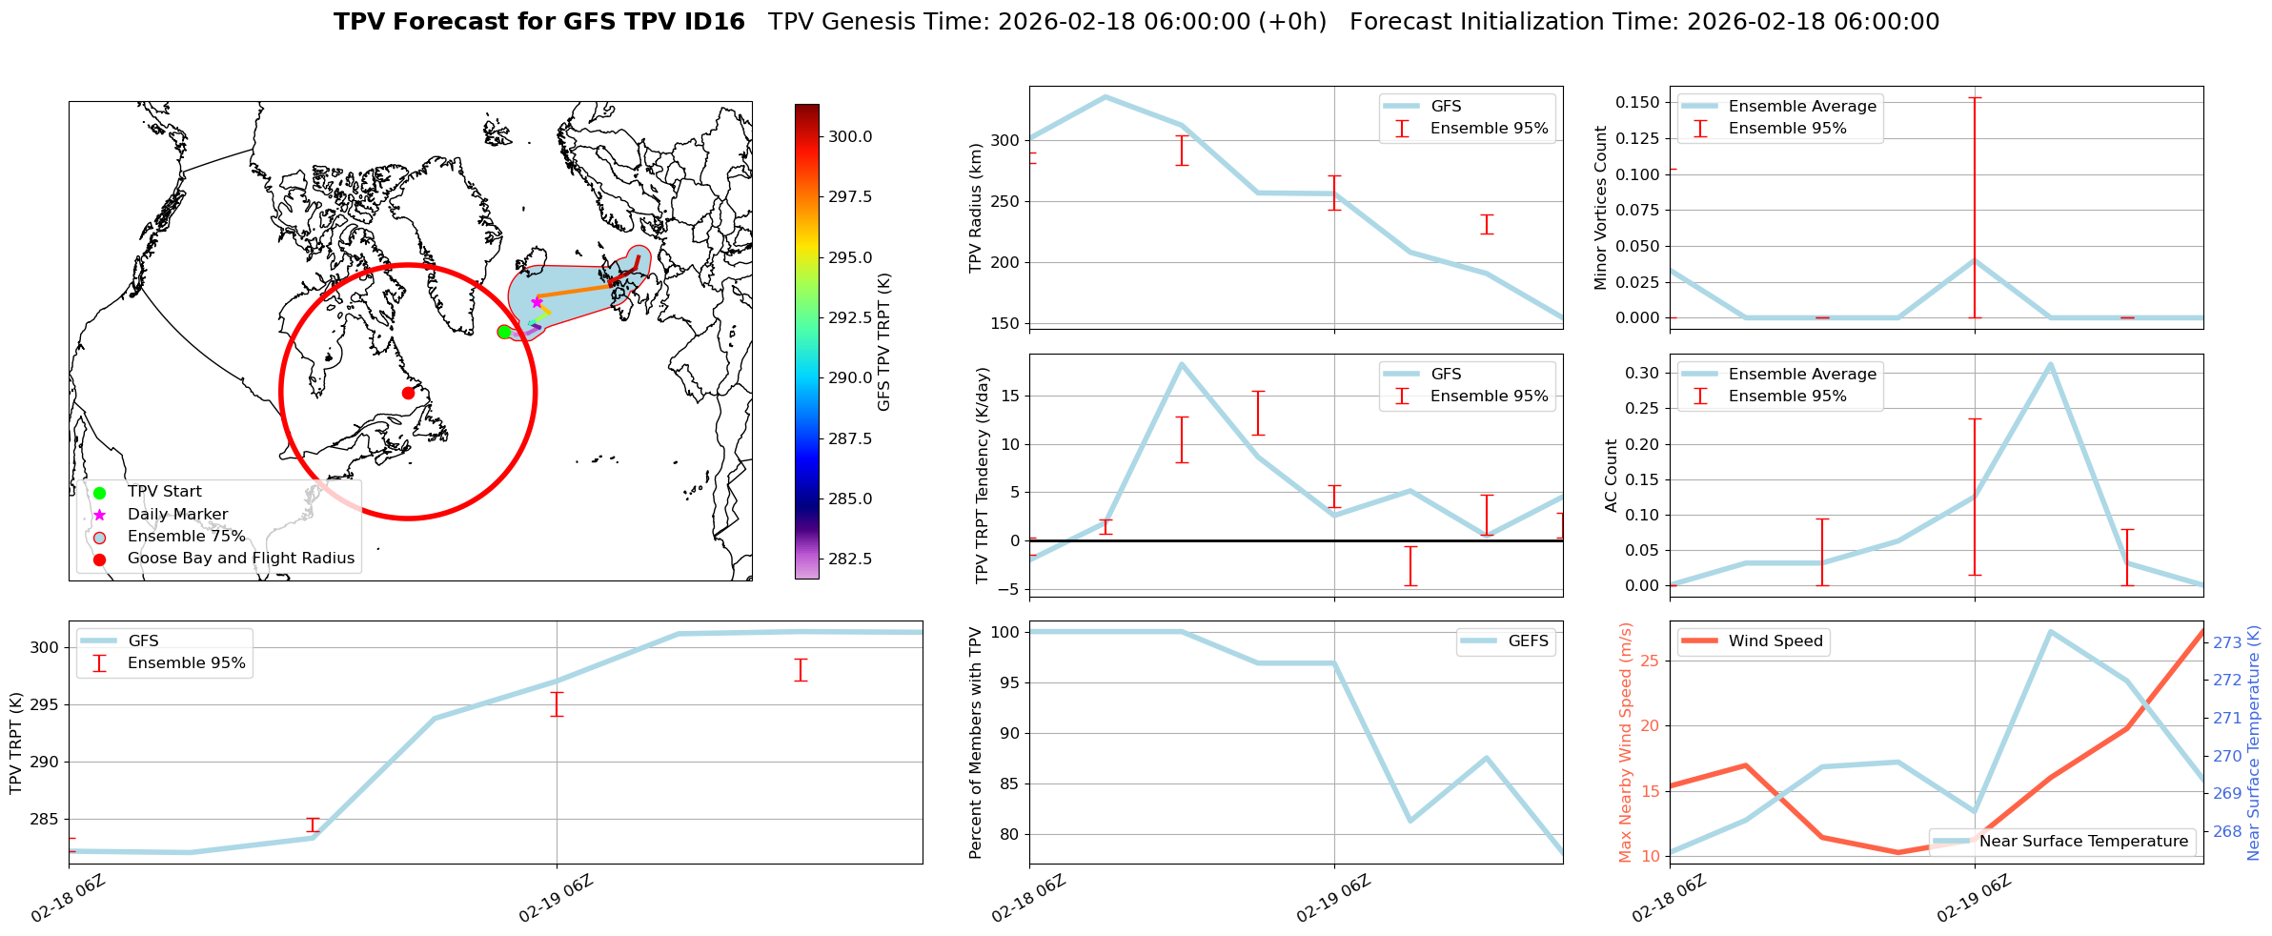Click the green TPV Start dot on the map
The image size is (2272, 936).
coord(504,332)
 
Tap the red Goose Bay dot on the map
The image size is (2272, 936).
coord(408,393)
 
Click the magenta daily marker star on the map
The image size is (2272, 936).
coord(537,302)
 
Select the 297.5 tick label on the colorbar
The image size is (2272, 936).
coord(850,196)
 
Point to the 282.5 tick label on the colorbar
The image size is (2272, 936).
coord(850,559)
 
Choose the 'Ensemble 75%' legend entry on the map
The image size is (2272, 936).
coord(186,537)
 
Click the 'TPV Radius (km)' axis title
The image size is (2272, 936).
coord(975,208)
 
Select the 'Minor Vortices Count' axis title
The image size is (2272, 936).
coord(1600,208)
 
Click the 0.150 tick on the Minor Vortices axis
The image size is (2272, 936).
coord(1638,102)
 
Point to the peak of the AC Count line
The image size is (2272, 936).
coord(2050,364)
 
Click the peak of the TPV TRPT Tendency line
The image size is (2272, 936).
coord(1182,364)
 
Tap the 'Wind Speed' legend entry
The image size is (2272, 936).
coord(1775,641)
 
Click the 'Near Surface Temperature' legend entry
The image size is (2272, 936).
coord(2083,842)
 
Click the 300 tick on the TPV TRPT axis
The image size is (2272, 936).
coord(44,648)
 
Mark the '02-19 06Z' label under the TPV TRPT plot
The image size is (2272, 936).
coord(557,898)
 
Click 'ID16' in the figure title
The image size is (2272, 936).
coord(716,22)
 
